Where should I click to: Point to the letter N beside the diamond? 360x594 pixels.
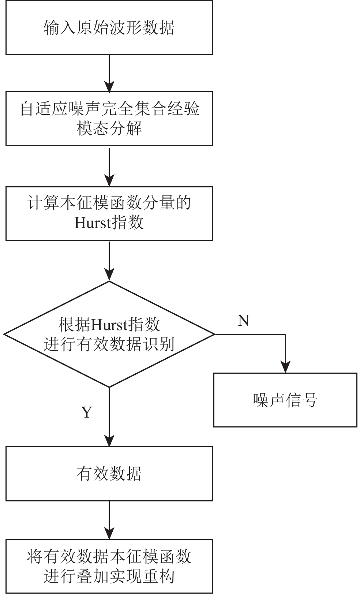tap(244, 320)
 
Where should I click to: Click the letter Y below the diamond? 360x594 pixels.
tap(87, 412)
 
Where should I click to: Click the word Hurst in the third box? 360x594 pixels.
tap(92, 223)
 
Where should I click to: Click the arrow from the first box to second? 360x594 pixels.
tap(109, 73)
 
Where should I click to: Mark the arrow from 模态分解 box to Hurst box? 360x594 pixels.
tap(109, 167)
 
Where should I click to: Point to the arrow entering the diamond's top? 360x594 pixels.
tap(109, 261)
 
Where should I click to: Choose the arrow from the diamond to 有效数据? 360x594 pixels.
tap(109, 417)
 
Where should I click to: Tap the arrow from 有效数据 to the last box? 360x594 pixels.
tap(109, 520)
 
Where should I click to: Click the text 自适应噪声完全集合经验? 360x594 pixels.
tap(109, 109)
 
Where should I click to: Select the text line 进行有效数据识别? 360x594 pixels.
tap(109, 344)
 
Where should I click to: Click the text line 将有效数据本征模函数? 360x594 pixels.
tap(109, 556)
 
